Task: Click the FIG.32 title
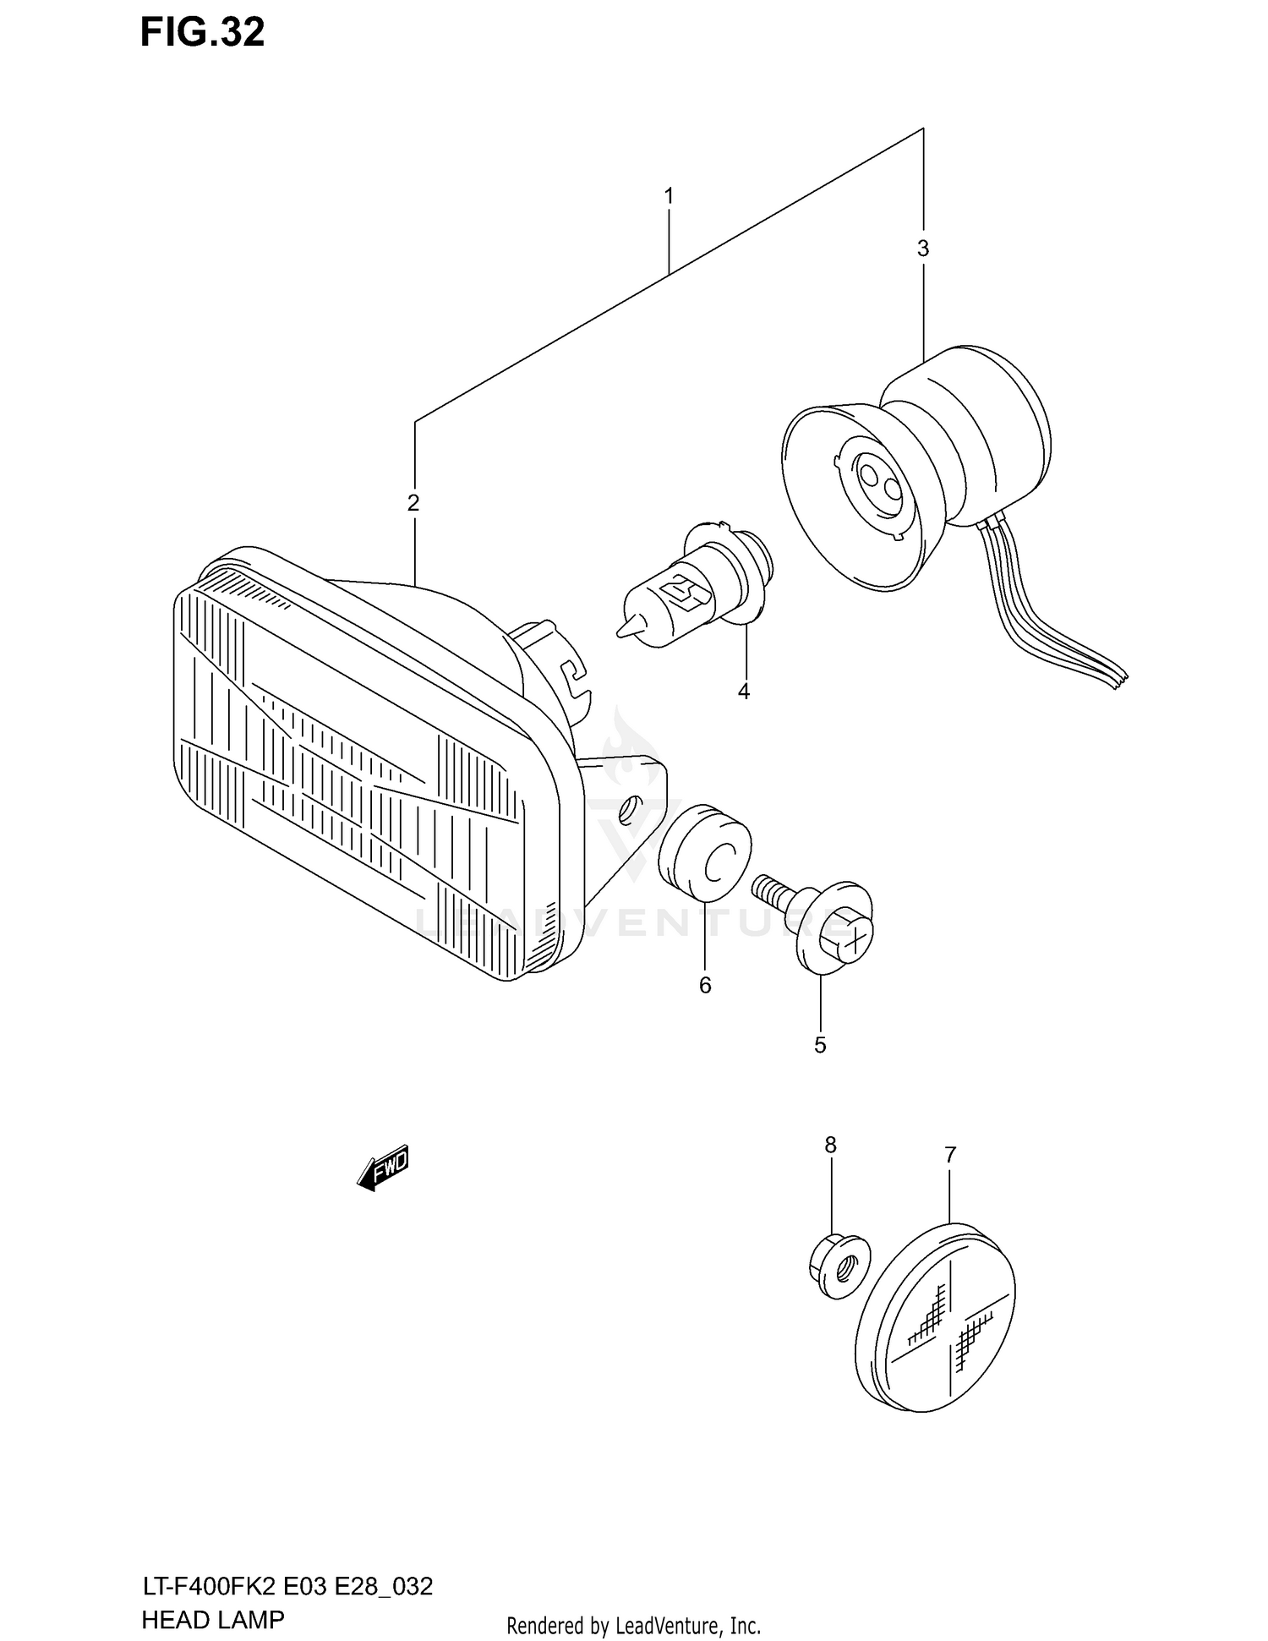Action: (x=202, y=32)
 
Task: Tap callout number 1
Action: (x=669, y=196)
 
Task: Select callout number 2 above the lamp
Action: (x=413, y=503)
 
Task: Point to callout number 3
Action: (x=923, y=249)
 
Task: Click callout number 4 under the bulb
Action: (x=744, y=692)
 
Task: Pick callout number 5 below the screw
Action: (x=820, y=1045)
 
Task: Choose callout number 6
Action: (x=705, y=985)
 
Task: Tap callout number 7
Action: (x=950, y=1154)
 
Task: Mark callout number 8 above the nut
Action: (x=830, y=1145)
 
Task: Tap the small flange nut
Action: (x=838, y=1266)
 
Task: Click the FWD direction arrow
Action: (x=383, y=1168)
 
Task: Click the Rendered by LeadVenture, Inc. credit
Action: (x=633, y=1626)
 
